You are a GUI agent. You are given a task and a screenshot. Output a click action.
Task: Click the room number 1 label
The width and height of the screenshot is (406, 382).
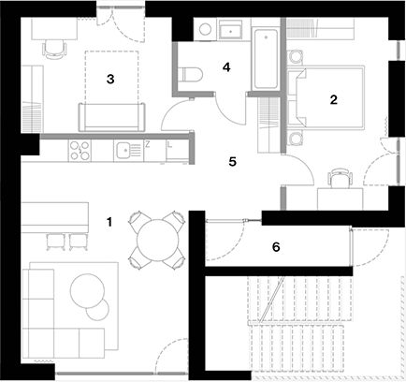tap(109, 222)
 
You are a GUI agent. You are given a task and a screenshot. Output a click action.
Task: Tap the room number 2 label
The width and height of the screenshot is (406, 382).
tap(334, 100)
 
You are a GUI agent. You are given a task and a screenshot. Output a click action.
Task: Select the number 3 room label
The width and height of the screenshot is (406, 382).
tap(110, 80)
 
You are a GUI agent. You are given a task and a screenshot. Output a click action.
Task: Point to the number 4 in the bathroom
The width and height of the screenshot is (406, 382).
tap(226, 67)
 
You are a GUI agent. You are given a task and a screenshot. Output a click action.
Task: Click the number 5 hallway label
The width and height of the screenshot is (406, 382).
tap(233, 162)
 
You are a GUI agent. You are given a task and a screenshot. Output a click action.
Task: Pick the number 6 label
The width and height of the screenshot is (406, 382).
tap(276, 247)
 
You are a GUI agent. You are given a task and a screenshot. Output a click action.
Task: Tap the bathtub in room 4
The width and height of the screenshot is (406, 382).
tap(266, 59)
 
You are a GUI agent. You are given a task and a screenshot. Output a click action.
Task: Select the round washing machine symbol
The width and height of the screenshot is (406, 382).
tap(205, 30)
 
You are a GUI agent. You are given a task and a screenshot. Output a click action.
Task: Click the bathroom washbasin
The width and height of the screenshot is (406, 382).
tap(231, 29)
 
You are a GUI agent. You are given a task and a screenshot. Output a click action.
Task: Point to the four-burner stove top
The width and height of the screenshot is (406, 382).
tap(80, 150)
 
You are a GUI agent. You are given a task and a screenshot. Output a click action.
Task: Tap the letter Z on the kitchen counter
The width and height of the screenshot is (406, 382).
tap(148, 144)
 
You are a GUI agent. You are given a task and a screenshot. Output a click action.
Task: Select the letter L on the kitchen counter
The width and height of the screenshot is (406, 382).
tap(169, 144)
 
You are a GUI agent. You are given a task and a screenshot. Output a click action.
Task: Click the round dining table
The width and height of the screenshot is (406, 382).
tap(158, 240)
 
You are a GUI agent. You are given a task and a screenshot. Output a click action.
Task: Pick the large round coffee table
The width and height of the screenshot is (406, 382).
tap(87, 291)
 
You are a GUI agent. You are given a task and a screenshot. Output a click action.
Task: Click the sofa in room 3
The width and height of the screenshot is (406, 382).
tap(111, 117)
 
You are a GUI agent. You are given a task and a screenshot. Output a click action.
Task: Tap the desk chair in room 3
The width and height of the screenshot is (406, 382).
tap(54, 50)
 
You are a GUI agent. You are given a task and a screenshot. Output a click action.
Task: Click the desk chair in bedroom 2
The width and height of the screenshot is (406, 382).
tap(340, 178)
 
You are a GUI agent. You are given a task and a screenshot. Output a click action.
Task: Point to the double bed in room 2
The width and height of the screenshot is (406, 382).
tap(326, 97)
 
